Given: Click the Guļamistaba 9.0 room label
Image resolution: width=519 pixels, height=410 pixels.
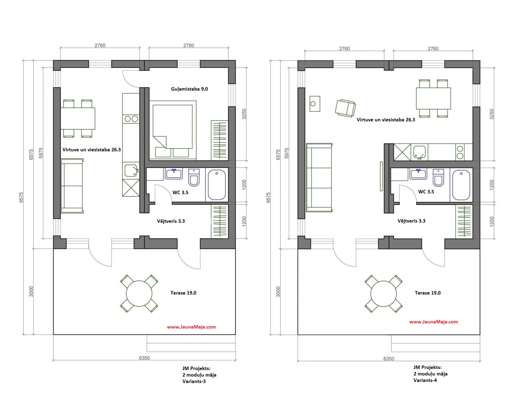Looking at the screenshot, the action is pos(189,89).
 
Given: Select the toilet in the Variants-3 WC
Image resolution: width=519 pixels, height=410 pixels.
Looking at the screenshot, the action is pos(194,177).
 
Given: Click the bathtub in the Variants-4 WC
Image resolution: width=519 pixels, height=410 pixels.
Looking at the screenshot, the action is pos(461,185).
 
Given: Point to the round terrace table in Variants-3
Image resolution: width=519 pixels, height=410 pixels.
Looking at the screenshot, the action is pos(139,294).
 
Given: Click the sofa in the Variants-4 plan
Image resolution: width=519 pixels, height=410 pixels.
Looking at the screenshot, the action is pos(319,177).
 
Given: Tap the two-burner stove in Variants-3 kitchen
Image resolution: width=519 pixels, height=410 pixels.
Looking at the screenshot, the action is pos(131,119).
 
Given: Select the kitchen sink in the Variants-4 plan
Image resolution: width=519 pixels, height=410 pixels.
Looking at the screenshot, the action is pos(419,152).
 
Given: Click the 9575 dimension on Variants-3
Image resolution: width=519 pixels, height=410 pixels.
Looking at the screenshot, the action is pos(22,197).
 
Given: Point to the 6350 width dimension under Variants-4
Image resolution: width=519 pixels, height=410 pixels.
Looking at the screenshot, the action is pos(389,359).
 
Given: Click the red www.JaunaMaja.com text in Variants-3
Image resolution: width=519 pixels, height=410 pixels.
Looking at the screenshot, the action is pos(191,327).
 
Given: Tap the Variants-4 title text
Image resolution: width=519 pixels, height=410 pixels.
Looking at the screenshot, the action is pos(430,374).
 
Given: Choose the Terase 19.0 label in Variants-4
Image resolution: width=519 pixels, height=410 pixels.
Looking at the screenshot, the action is pos(428,293).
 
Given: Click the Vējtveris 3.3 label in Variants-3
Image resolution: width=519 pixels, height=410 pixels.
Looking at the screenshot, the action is pos(171,221).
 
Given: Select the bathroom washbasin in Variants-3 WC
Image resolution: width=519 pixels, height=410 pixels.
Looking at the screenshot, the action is pos(174,173).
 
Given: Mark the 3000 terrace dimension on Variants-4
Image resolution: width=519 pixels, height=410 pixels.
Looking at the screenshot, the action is pos(278,292).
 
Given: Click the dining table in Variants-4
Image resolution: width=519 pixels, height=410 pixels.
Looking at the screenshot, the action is pos(433,98).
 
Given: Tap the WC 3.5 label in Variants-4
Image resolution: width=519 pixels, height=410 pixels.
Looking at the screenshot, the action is pos(426,192).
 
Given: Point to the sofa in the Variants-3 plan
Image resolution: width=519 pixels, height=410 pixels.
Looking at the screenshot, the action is pos(72,186).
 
